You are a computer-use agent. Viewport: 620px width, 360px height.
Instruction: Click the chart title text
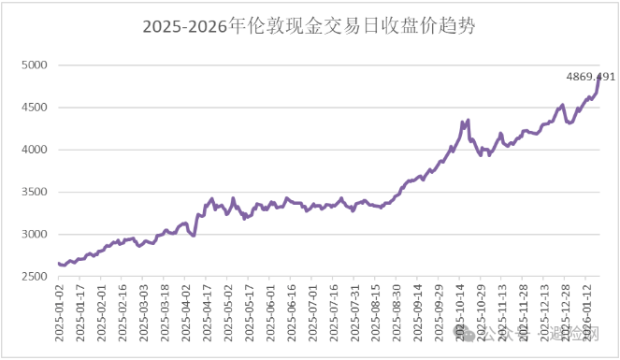(309, 27)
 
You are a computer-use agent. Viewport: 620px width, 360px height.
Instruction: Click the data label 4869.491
(590, 77)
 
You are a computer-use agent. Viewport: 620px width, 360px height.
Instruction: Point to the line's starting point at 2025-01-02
(59, 264)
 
